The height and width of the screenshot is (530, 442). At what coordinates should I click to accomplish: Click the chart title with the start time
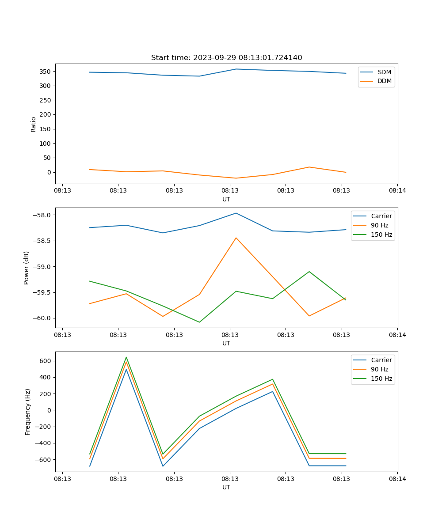tap(226, 58)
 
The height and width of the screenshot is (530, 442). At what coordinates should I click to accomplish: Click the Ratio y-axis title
tap(33, 124)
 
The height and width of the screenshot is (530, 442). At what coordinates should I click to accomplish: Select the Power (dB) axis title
tap(27, 268)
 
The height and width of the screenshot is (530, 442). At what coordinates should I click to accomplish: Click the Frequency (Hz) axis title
tap(27, 412)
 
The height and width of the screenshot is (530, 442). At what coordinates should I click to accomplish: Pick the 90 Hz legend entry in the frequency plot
tap(379, 369)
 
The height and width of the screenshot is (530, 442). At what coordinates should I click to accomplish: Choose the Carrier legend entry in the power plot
tap(381, 216)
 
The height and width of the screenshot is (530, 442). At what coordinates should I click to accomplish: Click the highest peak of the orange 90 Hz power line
tap(236, 238)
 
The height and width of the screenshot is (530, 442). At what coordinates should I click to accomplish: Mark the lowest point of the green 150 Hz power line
tap(199, 322)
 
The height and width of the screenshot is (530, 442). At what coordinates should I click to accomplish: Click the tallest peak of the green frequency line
tap(126, 357)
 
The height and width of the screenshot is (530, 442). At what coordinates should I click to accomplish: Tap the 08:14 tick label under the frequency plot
tap(397, 478)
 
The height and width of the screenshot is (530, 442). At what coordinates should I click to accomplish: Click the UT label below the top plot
tap(226, 199)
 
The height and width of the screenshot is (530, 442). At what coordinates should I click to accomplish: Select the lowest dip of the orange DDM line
tap(236, 178)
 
